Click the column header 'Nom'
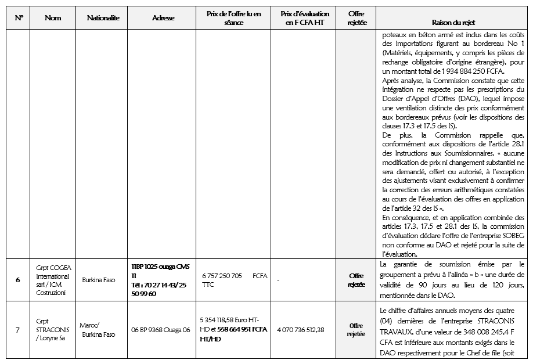pyautogui.click(x=53, y=18)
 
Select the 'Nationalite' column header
pyautogui.click(x=103, y=18)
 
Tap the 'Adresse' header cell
pyautogui.click(x=163, y=18)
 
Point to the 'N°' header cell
pyautogui.click(x=19, y=18)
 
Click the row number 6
pyautogui.click(x=18, y=280)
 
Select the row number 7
pyautogui.click(x=18, y=330)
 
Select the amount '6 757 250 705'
pyautogui.click(x=222, y=276)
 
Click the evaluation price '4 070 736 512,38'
pyautogui.click(x=301, y=330)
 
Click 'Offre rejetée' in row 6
pyautogui.click(x=356, y=280)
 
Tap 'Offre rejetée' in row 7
pyautogui.click(x=356, y=330)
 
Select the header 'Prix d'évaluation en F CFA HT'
pyautogui.click(x=304, y=18)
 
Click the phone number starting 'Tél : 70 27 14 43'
pyautogui.click(x=159, y=285)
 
